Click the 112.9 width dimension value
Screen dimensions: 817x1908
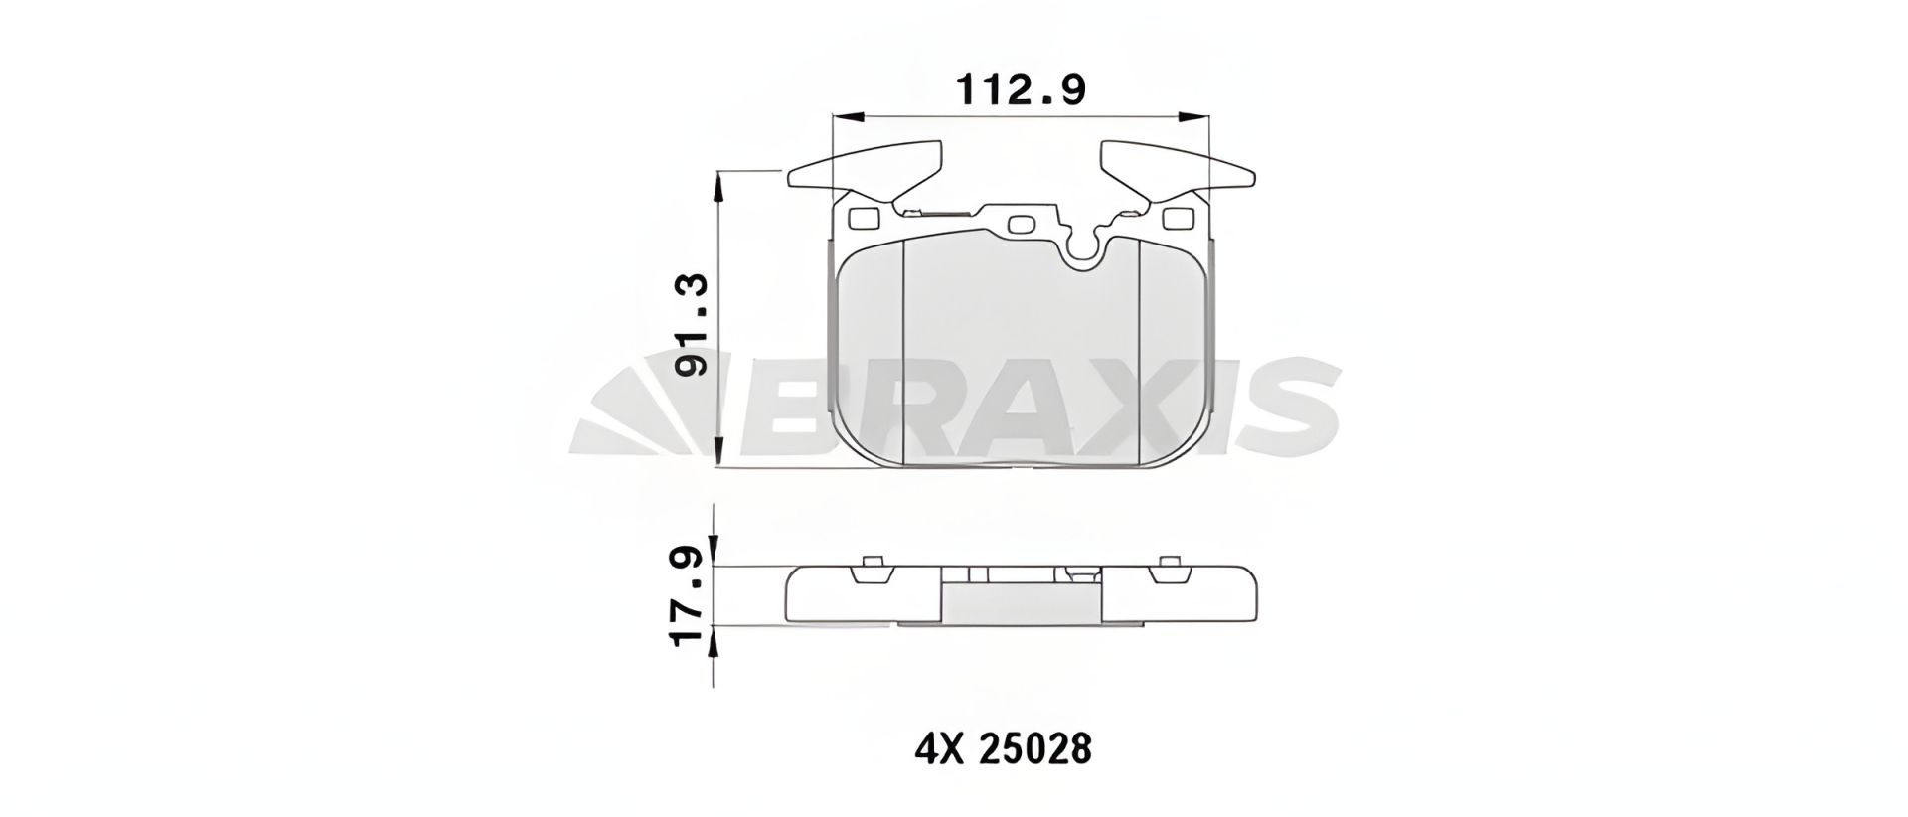click(1020, 90)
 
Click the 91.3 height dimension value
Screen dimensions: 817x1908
click(692, 325)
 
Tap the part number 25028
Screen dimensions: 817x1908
click(1036, 749)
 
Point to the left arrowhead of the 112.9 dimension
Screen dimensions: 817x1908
click(841, 117)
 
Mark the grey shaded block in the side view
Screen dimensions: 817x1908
click(1021, 601)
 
